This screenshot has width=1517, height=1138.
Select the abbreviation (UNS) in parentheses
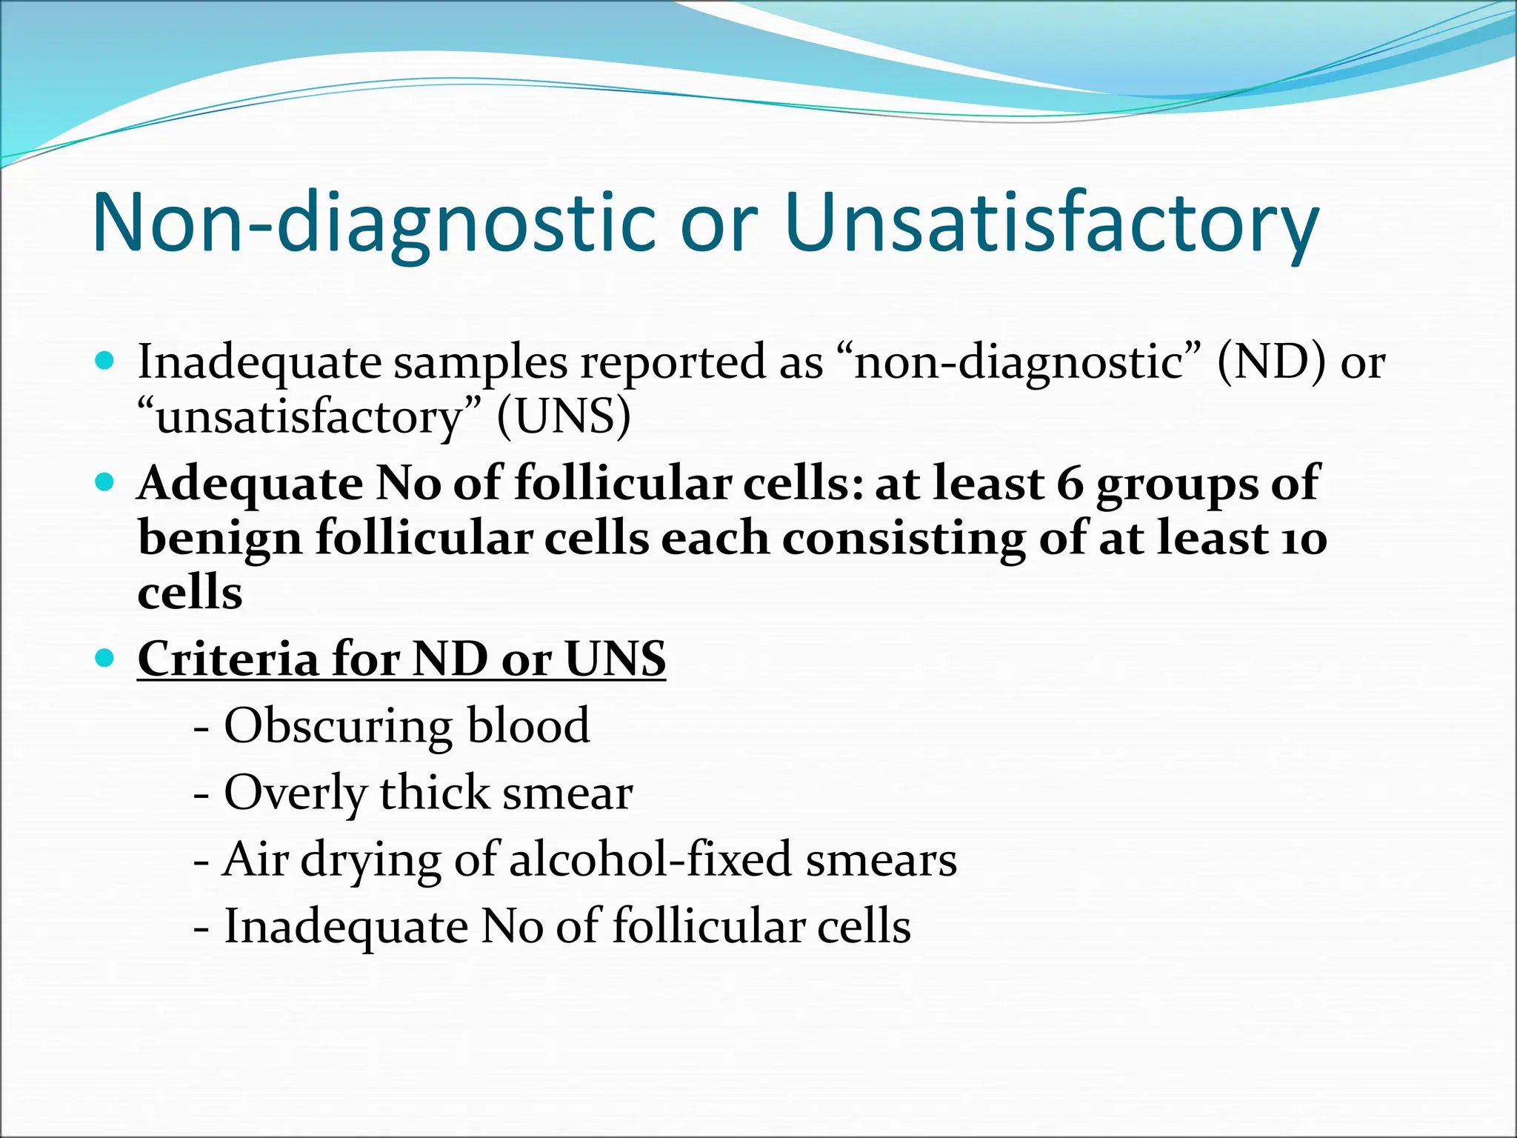[x=564, y=416]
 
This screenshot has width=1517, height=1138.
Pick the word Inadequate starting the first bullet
[x=259, y=362]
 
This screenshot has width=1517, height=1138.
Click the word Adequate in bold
[x=250, y=483]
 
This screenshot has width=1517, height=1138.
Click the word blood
[x=528, y=726]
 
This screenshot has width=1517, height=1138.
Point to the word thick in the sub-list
[x=435, y=793]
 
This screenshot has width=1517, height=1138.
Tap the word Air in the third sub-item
[x=255, y=859]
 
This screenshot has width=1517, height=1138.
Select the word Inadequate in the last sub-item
[x=346, y=926]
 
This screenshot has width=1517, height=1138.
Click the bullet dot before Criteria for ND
[x=105, y=657]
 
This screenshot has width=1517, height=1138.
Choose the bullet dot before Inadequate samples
[x=105, y=362]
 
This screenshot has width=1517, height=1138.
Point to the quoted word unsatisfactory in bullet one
[x=310, y=416]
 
